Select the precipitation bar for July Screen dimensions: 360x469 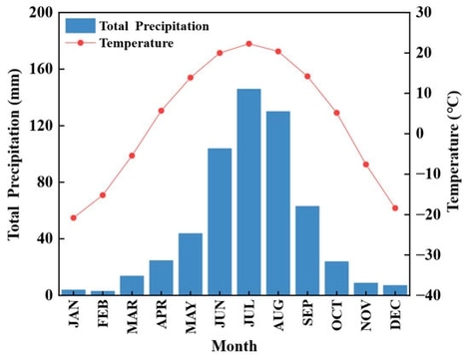point(248,192)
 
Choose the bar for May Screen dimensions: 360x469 point(191,264)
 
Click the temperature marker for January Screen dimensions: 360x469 point(74,217)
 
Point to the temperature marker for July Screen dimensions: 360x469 point(248,44)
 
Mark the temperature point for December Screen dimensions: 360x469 point(395,208)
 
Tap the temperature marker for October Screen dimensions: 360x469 point(336,113)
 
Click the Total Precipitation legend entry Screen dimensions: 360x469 point(140,25)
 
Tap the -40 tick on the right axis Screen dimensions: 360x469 point(426,295)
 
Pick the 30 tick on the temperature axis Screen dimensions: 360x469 point(423,13)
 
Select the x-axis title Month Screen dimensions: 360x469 point(234,347)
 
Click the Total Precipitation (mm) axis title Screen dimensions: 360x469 point(14,155)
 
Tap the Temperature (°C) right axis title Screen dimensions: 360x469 point(453,155)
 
